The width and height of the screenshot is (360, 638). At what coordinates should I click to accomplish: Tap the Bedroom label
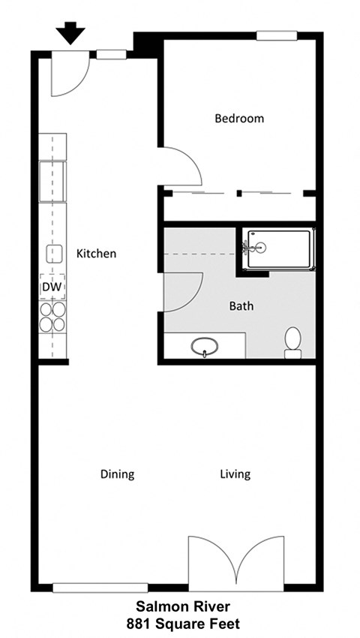point(239,119)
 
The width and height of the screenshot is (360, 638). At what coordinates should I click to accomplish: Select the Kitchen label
point(97,254)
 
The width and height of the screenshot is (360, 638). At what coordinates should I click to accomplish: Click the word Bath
point(241,306)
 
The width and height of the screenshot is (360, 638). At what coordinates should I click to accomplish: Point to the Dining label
point(117,474)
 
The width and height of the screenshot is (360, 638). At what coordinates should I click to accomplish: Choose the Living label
point(235,474)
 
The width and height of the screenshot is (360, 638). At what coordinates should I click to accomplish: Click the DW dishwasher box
point(52,287)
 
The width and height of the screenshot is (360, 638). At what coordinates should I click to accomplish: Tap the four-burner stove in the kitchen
point(52,316)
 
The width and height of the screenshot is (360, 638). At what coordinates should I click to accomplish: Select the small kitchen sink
point(53,254)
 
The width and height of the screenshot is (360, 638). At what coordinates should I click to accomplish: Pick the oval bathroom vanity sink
point(205,347)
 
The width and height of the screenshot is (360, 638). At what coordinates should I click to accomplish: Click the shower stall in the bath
point(277,248)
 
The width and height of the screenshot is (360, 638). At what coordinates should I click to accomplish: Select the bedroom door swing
point(181,167)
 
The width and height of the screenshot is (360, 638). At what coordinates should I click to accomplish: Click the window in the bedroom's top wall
point(276,35)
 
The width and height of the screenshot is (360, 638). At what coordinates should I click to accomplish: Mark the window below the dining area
point(100,587)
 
